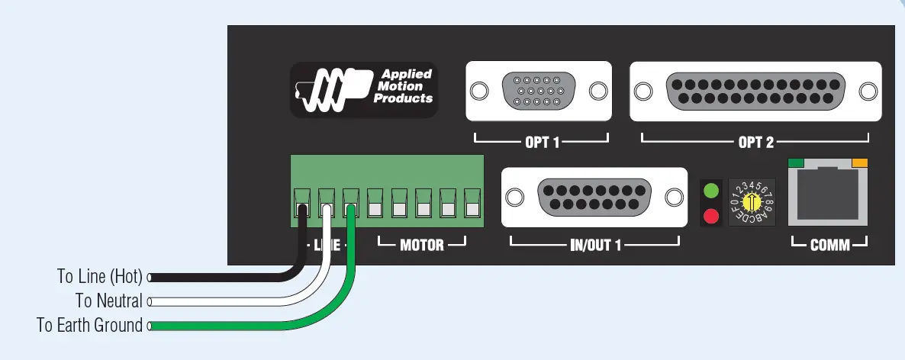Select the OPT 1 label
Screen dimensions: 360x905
(x=542, y=142)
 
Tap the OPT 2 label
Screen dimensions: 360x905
(x=755, y=142)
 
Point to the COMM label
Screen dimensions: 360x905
(x=829, y=246)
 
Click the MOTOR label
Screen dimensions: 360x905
(x=421, y=246)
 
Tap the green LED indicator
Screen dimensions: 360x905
(x=711, y=191)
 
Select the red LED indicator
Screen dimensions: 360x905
(x=711, y=216)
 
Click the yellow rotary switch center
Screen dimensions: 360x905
(x=752, y=202)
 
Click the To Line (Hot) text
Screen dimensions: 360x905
(x=100, y=276)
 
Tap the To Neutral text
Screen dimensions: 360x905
(x=108, y=301)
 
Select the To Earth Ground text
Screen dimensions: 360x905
(x=89, y=326)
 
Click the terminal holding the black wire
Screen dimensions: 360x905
(x=303, y=204)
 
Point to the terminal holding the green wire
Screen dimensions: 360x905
(x=352, y=204)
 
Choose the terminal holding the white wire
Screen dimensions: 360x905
(x=327, y=204)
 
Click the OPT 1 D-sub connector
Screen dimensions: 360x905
(x=539, y=91)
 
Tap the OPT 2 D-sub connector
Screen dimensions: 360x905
(x=755, y=91)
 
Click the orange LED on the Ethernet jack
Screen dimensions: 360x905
(x=860, y=162)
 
